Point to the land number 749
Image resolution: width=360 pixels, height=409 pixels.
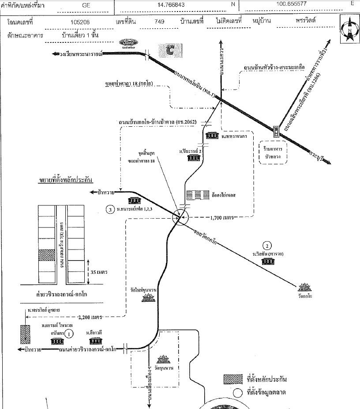pyautogui.click(x=160, y=21)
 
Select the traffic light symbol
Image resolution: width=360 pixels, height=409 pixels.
pyautogui.click(x=277, y=131)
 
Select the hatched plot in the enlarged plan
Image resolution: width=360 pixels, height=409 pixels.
pyautogui.click(x=46, y=256)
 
